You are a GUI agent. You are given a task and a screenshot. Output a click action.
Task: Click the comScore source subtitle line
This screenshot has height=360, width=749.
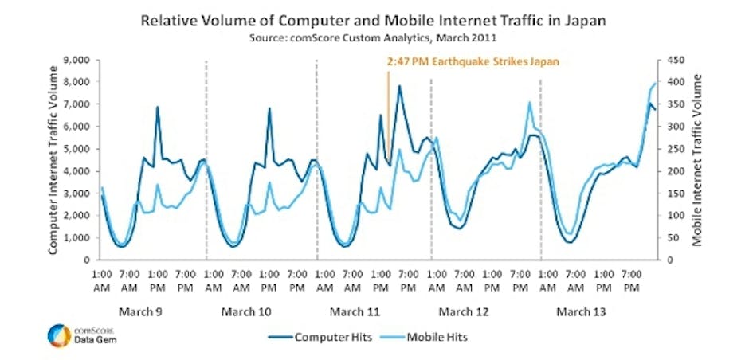click(374, 37)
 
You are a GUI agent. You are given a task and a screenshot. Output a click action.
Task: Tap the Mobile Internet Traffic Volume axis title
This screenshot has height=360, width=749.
click(699, 159)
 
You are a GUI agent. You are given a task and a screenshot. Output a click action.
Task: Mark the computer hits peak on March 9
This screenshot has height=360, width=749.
click(158, 107)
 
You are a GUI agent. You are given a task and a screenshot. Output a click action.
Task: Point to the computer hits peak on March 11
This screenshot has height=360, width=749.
click(399, 86)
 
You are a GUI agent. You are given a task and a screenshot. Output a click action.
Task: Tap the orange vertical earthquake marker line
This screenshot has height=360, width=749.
click(388, 112)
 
